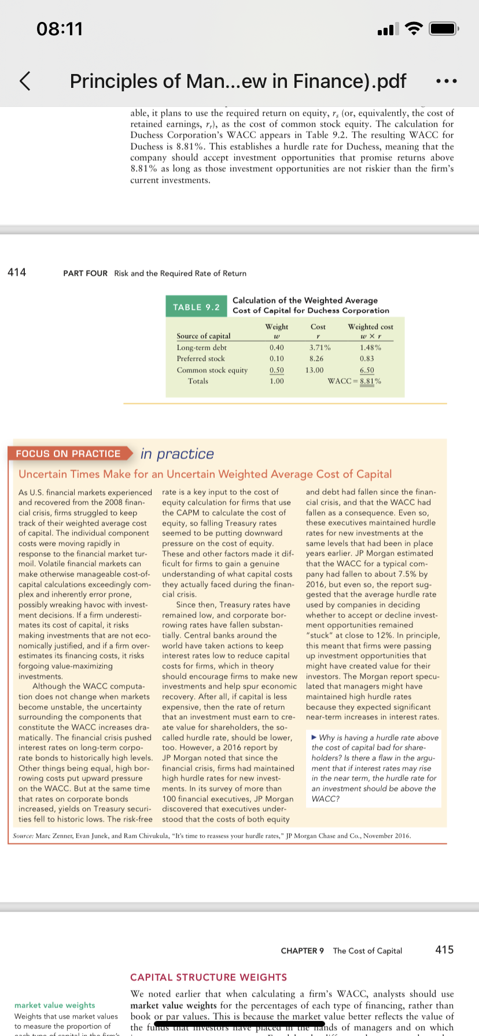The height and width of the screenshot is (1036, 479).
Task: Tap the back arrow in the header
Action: pyautogui.click(x=25, y=81)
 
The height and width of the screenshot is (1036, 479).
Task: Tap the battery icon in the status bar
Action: pyautogui.click(x=445, y=28)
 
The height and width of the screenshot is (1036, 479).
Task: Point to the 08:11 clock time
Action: pyautogui.click(x=60, y=28)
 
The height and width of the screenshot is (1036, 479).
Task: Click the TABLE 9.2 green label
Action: pyautogui.click(x=196, y=307)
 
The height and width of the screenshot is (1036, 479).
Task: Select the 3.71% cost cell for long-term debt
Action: pyautogui.click(x=319, y=347)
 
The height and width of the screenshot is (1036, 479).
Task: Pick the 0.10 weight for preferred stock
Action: pyautogui.click(x=277, y=358)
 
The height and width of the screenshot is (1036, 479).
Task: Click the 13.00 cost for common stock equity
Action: pyautogui.click(x=315, y=370)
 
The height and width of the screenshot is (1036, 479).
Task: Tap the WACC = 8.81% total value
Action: pyautogui.click(x=355, y=381)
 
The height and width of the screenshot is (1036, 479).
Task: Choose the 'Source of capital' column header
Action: pyautogui.click(x=203, y=336)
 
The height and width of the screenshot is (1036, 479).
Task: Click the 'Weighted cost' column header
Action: pyautogui.click(x=370, y=327)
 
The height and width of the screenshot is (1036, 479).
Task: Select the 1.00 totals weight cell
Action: pyautogui.click(x=277, y=381)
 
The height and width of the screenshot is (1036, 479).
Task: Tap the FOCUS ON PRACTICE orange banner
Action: pyautogui.click(x=68, y=454)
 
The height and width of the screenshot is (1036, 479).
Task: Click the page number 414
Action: pyautogui.click(x=17, y=272)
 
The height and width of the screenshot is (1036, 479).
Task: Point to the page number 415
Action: pyautogui.click(x=444, y=950)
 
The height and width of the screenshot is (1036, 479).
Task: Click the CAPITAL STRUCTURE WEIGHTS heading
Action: pyautogui.click(x=208, y=977)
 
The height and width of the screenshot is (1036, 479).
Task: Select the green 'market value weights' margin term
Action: pyautogui.click(x=55, y=1005)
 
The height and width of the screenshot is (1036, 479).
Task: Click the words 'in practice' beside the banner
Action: pyautogui.click(x=177, y=454)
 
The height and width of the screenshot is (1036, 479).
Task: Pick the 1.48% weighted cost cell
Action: pyautogui.click(x=370, y=347)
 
